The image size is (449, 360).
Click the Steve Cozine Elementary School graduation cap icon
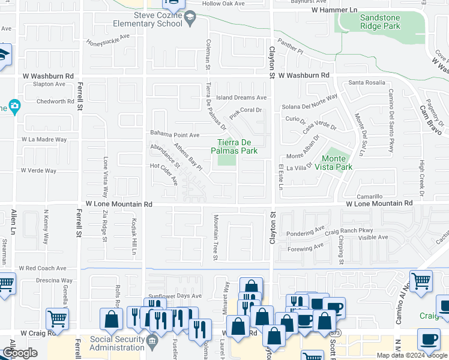(190, 17)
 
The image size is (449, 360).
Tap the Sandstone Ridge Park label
(379, 22)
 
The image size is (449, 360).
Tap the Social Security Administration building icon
(152, 343)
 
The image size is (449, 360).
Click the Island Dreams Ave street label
(241, 97)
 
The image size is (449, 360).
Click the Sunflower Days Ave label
(175, 296)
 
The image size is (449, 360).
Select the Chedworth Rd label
(55, 101)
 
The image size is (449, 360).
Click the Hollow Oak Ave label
(224, 4)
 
